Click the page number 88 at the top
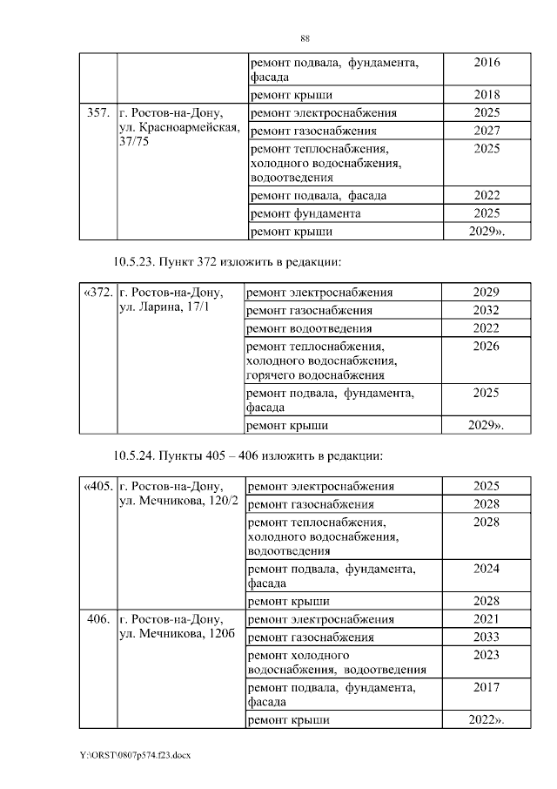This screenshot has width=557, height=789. tap(305, 38)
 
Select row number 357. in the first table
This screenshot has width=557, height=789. tap(97, 113)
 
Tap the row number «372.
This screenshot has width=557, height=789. tap(97, 293)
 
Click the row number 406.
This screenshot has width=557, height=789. tap(97, 619)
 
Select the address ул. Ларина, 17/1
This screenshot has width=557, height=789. tap(163, 308)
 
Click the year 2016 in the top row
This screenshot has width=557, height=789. tap(487, 63)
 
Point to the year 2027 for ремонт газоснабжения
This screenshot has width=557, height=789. tap(487, 131)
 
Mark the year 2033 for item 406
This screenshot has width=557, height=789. tap(487, 637)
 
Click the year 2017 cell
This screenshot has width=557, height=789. tap(487, 687)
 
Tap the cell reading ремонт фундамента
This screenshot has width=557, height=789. tap(305, 213)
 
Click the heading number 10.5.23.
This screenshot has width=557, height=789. tap(139, 261)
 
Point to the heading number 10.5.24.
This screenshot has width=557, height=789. tap(139, 455)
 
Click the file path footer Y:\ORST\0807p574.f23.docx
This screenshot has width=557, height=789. tap(135, 755)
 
